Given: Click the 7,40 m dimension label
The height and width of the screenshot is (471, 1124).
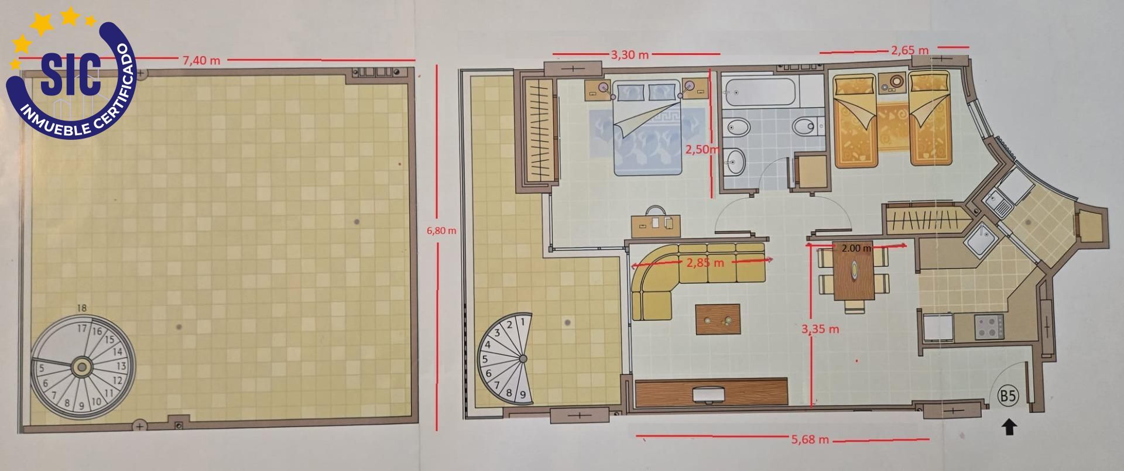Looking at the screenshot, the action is tap(201, 60).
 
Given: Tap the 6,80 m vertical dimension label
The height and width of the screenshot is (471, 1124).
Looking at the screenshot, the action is tap(441, 231).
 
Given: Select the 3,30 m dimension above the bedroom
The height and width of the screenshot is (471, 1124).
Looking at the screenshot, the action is tap(629, 55).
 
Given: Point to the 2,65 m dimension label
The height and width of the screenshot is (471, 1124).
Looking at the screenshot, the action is tap(910, 50).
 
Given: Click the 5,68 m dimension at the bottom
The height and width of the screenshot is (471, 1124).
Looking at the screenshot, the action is tap(810, 439).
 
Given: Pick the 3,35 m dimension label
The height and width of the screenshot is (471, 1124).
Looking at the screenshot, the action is tap(820, 329).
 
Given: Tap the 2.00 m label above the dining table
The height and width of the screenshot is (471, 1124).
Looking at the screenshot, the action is tap(856, 248).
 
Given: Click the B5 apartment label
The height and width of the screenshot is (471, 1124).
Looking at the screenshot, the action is tap(1008, 396).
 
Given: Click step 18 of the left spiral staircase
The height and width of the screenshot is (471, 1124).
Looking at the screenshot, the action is tap(81, 308).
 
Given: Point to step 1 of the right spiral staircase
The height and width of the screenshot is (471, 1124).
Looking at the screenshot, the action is tap(523, 321).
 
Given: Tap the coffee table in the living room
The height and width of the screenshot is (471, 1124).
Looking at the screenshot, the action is tap(718, 319).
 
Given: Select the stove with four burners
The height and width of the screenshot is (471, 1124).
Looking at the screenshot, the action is tap(989, 326).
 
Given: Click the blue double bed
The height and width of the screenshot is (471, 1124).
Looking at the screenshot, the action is tap(648, 129).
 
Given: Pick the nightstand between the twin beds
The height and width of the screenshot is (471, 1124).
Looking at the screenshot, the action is tap(893, 83).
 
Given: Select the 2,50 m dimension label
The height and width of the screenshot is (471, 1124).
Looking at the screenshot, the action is tap(702, 150).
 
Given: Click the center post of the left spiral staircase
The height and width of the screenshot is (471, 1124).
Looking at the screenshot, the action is tap(82, 367).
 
